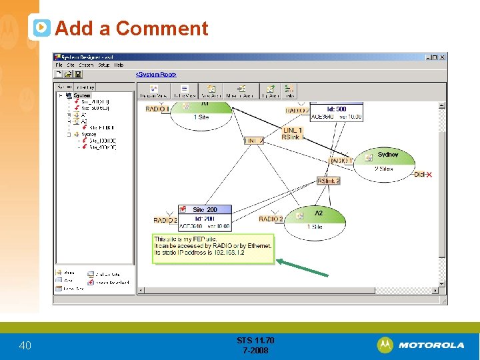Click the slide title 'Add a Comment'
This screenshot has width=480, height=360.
pos(131,29)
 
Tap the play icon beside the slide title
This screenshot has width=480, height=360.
pos(41,27)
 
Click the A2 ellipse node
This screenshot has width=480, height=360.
pos(315,218)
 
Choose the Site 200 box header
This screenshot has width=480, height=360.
pos(205,210)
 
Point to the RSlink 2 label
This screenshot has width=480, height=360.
pos(329,181)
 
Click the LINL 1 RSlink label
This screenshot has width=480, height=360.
pos(292,133)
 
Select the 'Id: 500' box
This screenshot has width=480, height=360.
pos(336,109)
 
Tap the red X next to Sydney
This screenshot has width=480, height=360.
pos(429,175)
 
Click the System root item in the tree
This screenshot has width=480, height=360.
pos(81,96)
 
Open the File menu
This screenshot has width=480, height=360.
pos(59,65)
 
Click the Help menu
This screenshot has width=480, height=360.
pos(119,65)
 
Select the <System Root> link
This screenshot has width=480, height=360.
pos(156,74)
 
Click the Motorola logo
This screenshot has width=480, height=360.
pos(421,345)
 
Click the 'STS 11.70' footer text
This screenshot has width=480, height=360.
pos(255,341)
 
